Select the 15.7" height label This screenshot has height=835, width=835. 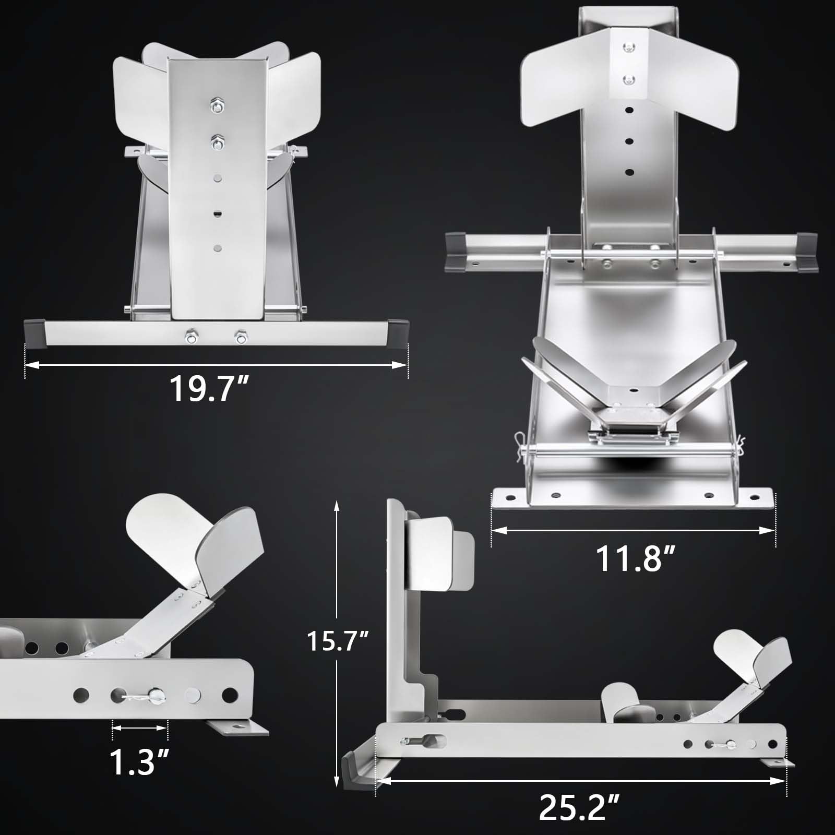pos(338,640)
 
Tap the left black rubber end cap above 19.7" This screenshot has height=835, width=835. pos(35,332)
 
